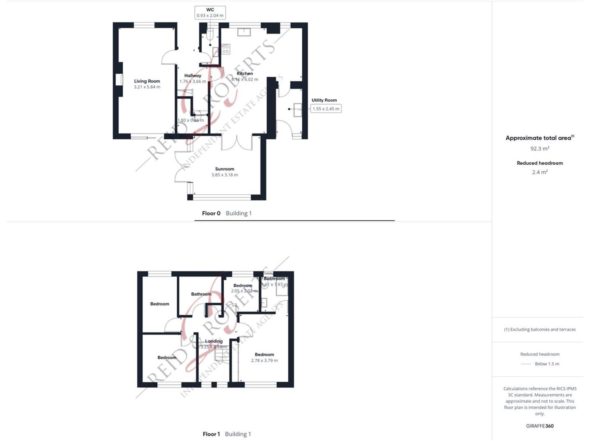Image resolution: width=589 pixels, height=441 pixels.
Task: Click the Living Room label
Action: click(147, 81)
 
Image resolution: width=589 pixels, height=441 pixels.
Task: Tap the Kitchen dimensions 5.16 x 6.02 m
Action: click(245, 80)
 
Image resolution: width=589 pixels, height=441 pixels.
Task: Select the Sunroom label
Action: click(225, 169)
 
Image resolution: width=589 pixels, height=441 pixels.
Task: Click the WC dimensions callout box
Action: click(210, 13)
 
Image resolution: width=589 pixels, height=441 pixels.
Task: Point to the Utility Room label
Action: click(324, 100)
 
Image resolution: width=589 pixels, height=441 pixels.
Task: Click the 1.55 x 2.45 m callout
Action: click(326, 109)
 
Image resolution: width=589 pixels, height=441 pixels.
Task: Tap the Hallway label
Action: click(193, 76)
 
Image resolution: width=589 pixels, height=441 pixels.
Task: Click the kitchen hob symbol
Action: click(225, 49)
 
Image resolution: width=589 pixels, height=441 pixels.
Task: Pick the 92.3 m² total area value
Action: click(540, 149)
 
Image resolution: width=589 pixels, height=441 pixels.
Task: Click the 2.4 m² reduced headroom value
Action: click(540, 172)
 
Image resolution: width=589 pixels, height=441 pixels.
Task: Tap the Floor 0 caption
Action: click(211, 213)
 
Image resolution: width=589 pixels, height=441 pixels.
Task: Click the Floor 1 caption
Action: click(211, 434)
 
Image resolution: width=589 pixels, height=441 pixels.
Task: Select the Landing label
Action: click(214, 341)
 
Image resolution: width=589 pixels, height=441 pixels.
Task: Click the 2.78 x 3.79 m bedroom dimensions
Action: click(264, 361)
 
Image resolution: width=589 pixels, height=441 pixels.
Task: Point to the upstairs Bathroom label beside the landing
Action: click(201, 294)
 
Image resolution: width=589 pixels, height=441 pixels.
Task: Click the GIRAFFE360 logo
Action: click(540, 426)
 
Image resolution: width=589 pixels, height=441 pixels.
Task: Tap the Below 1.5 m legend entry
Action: click(546, 364)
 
